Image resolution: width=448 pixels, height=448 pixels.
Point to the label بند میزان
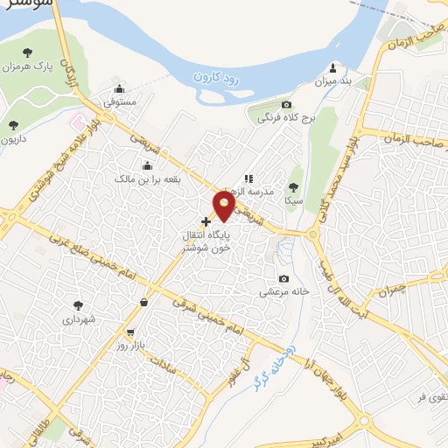pyautogui.click(x=332, y=81)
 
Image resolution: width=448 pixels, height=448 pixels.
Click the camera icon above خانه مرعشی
pyautogui.click(x=283, y=278)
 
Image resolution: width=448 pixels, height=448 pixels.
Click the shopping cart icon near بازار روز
pyautogui.click(x=130, y=332)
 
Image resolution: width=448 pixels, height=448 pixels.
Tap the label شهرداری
pyautogui.click(x=79, y=320)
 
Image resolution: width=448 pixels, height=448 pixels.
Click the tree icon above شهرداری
pyautogui.click(x=79, y=305)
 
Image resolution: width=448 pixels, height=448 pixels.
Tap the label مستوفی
pyautogui.click(x=121, y=102)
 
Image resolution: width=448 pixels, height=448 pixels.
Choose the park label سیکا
pyautogui.click(x=292, y=200)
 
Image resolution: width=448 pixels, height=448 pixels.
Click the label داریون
pyautogui.click(x=14, y=139)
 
